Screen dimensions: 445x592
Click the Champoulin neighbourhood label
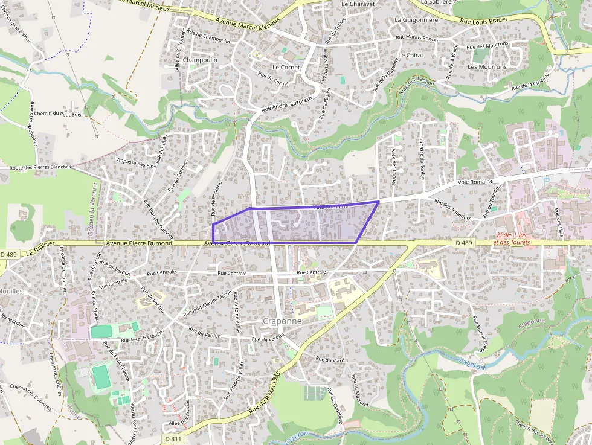point(199,60)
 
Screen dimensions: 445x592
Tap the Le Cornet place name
point(286,68)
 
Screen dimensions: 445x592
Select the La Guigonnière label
point(416,19)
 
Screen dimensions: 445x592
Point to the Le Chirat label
point(411,55)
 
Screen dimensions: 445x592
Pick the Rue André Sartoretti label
point(286,104)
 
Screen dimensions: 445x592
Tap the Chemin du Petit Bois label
point(57,114)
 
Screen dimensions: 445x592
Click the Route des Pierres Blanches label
point(40,167)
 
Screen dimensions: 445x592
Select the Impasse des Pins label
point(136,163)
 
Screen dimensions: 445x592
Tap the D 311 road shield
point(173,439)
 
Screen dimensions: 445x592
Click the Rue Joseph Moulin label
point(142,338)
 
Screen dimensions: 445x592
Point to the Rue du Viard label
point(330,360)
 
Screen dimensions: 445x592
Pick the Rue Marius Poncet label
point(417,37)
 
